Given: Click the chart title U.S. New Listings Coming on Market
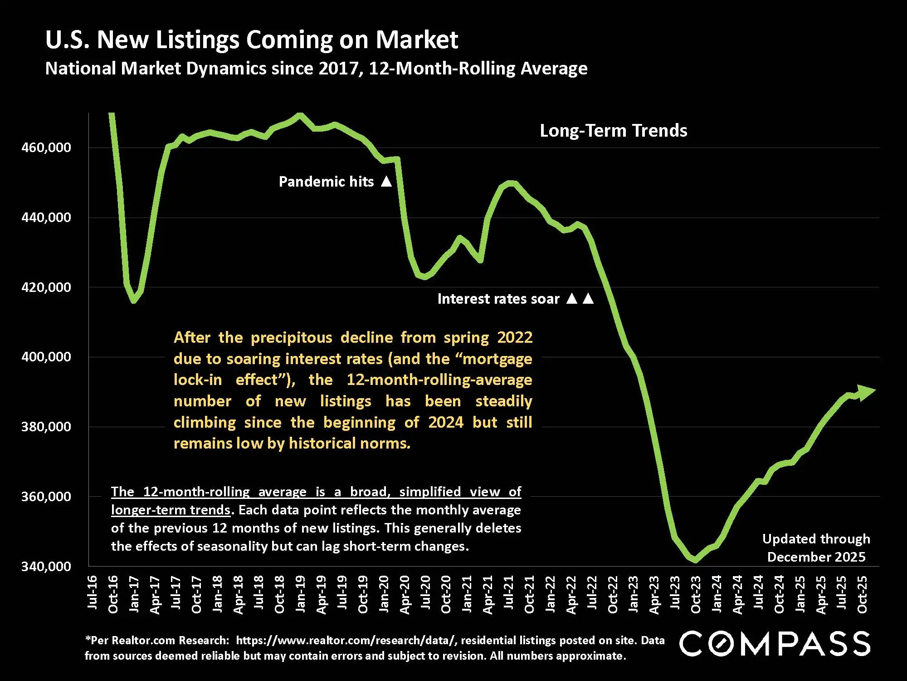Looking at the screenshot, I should [x=252, y=39].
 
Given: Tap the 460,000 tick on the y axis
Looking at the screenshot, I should [x=46, y=148].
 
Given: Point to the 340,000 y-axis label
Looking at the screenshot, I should [x=46, y=566].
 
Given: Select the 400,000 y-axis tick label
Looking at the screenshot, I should [x=46, y=357].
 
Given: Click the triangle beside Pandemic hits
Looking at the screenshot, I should [x=386, y=182].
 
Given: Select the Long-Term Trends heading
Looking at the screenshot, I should [x=613, y=131].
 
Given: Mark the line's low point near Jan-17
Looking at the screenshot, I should [x=134, y=301].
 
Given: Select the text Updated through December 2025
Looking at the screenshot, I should [x=816, y=548].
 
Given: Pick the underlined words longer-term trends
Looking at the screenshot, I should [x=171, y=510].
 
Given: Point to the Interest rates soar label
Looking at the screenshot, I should [x=498, y=299].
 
